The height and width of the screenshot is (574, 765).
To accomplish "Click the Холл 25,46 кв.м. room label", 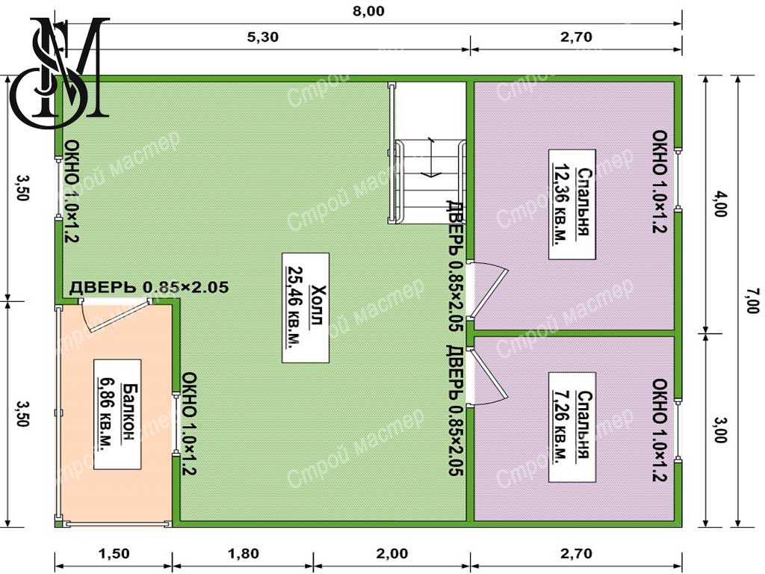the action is [306, 307].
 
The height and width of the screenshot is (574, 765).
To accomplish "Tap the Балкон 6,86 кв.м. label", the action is [117, 414].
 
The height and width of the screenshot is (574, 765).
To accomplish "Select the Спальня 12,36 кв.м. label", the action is [572, 203].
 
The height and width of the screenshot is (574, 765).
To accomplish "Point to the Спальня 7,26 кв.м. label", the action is [572, 427].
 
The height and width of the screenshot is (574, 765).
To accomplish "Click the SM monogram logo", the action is [61, 72].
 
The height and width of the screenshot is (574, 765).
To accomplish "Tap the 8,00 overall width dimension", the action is [368, 11].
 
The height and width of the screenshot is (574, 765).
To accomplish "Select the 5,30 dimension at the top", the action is [262, 37].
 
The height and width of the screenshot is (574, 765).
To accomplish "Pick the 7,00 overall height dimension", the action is [752, 301].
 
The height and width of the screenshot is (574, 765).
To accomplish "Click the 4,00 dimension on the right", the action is [720, 203].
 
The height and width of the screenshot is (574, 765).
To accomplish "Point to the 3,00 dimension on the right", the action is [720, 430].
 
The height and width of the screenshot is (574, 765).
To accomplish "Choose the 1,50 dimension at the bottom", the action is [114, 554].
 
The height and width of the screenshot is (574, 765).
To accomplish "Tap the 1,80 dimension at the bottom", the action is [244, 554].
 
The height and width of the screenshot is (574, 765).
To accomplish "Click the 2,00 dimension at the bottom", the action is [392, 554].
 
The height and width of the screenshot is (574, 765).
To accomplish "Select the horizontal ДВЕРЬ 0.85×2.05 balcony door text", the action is [149, 287].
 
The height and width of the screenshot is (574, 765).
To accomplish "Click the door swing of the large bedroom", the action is [489, 290].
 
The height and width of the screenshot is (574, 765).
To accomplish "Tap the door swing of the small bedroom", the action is [488, 377].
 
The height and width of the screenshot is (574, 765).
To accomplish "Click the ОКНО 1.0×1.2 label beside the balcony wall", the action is [188, 424].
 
